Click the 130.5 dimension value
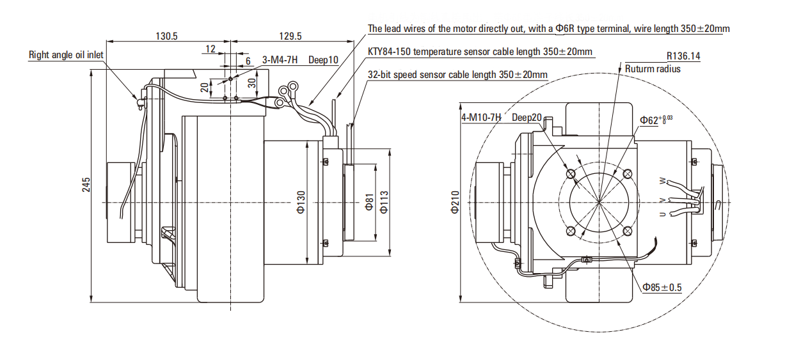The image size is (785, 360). (166, 36)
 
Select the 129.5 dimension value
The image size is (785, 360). (290, 36)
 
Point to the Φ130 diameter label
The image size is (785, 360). (301, 201)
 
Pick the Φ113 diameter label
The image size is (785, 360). (384, 201)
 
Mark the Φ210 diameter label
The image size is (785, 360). (455, 202)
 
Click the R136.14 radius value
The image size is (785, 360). (683, 56)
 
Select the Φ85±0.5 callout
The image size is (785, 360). (662, 288)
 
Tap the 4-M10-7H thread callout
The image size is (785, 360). (481, 118)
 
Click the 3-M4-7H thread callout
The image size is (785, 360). (280, 60)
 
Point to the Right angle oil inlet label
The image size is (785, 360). (66, 55)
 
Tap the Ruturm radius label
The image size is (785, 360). (653, 69)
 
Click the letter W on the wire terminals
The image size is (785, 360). (662, 182)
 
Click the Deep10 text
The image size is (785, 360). (323, 60)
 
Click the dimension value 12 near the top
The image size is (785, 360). (210, 49)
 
